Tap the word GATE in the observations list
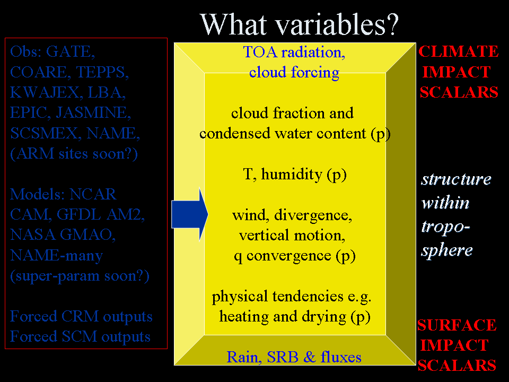tap(71, 51)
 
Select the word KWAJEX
tap(45, 92)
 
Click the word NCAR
tap(93, 194)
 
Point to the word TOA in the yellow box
tap(260, 53)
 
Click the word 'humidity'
tap(292, 174)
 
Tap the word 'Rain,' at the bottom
tap(245, 357)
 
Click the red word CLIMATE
tap(458, 51)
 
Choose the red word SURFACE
tap(457, 325)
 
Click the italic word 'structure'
tap(456, 179)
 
